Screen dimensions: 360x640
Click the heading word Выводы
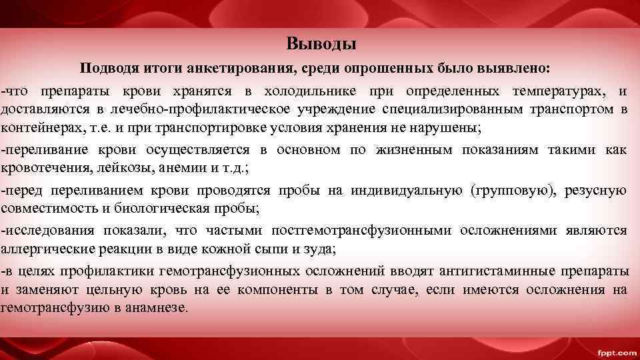coord(321,45)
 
